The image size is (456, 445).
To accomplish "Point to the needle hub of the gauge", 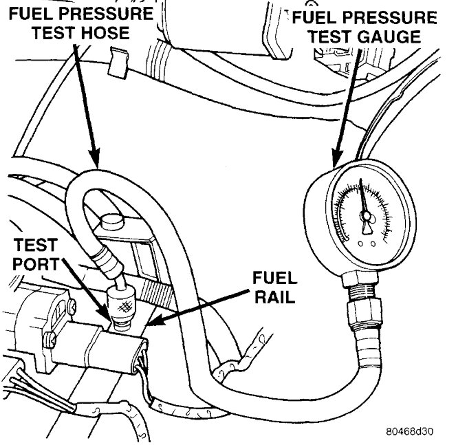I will tap(366, 218).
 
